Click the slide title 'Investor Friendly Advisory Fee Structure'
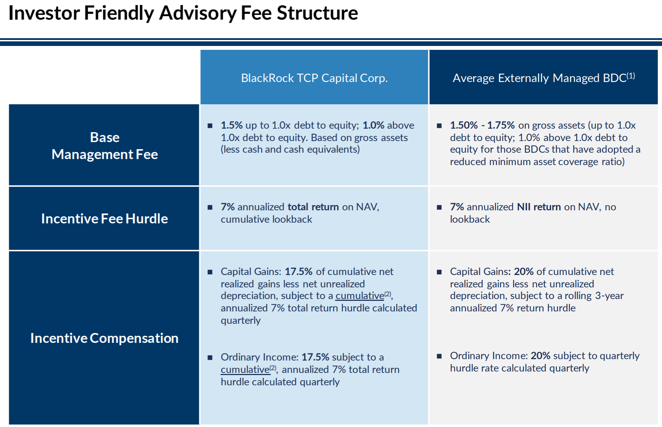pos(183,13)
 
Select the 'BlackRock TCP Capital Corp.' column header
pos(314,78)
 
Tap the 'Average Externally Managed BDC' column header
pos(540,78)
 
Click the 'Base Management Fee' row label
pos(104,146)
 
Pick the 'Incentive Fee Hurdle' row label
pos(104,218)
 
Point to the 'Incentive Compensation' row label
pos(104,338)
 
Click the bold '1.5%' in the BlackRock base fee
pos(232,125)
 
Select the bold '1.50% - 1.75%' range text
pos(482,125)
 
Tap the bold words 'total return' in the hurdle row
pos(313,207)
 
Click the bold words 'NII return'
pos(539,207)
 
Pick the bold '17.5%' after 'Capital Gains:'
pos(298,271)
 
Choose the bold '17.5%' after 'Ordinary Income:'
pos(315,357)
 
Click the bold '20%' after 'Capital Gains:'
pos(523,271)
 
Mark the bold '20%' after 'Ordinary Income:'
pos(540,356)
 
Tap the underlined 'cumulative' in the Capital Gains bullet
pos(359,296)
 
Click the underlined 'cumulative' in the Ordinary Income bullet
pos(245,369)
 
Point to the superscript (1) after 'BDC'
pos(631,76)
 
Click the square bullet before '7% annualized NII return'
pos(439,207)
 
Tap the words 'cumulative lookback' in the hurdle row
pos(266,219)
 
